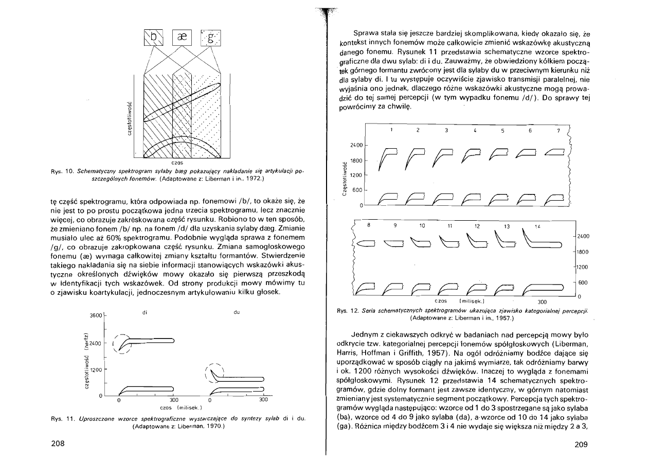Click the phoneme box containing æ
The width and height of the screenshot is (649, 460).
point(181,37)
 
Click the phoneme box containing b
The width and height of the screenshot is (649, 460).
point(153,37)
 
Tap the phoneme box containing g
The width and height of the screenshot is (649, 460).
point(209,37)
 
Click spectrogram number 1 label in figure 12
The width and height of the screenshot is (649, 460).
point(391,130)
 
